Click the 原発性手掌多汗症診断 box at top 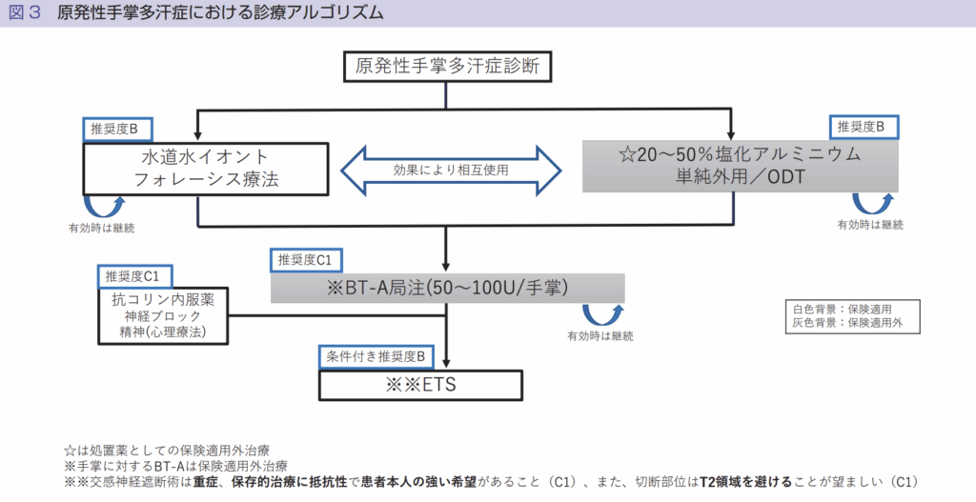448,67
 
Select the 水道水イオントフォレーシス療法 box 206,169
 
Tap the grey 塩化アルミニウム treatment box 740,166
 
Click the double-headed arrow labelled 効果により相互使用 451,171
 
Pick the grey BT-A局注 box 448,288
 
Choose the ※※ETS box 420,385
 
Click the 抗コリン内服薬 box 163,315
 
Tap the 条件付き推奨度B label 376,357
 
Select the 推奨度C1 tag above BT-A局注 306,260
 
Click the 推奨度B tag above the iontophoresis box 117,130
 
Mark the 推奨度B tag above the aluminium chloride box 864,127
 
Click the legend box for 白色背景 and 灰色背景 852,316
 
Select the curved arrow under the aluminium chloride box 872,204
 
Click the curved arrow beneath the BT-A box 602,314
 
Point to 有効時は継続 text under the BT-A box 600,336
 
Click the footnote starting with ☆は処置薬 167,451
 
